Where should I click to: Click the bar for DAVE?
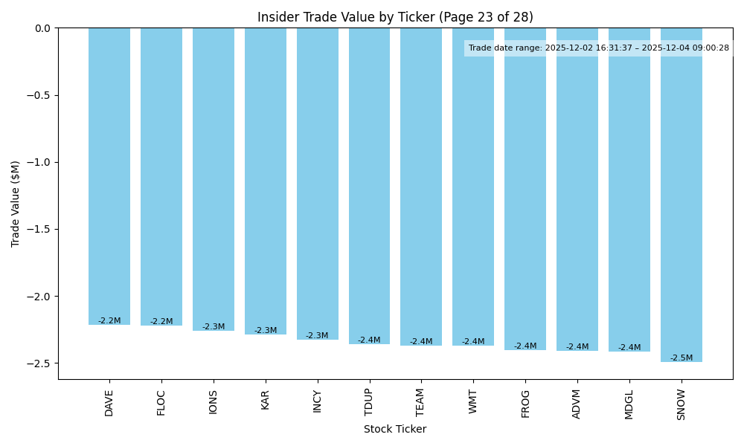(109, 176)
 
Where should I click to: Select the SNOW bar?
(681, 195)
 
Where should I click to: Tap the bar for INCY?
(317, 184)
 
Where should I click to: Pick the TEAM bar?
(421, 187)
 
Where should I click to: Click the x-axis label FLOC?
(161, 402)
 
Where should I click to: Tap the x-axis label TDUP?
(369, 402)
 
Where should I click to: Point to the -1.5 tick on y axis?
(41, 229)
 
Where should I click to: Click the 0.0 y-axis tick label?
(43, 28)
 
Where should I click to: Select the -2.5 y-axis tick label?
(41, 363)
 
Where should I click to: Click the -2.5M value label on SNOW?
(681, 358)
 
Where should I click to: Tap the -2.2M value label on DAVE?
(109, 321)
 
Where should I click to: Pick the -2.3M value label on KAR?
(266, 331)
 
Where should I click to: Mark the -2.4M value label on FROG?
(525, 346)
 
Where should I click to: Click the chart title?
(395, 17)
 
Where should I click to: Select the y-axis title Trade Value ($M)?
(16, 204)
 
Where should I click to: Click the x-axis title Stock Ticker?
(395, 429)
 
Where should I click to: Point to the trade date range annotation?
(598, 48)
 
